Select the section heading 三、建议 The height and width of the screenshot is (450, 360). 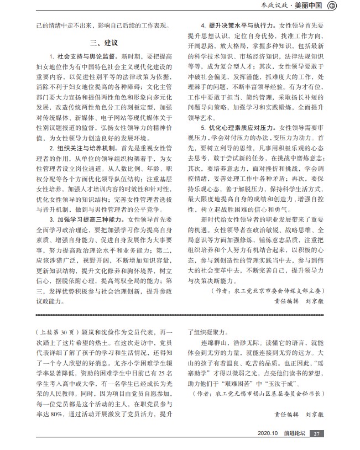(103, 43)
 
